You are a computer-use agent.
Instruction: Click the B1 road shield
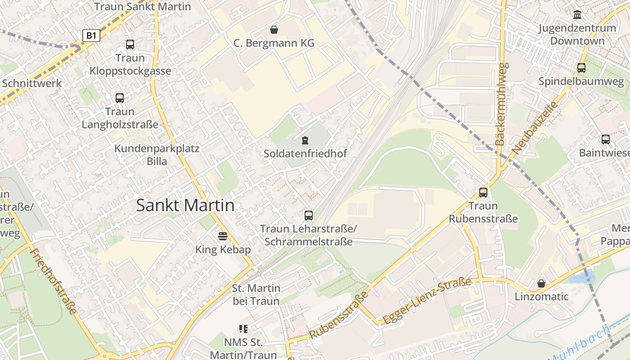tap(91, 36)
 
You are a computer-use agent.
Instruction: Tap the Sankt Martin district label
tap(185, 206)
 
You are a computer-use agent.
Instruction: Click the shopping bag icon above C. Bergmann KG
tap(274, 30)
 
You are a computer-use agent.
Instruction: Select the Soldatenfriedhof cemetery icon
tap(305, 140)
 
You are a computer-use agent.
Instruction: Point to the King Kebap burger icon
tap(223, 236)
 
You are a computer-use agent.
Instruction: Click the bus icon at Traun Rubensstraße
tap(483, 192)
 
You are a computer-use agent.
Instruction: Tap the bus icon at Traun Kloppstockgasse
tap(130, 44)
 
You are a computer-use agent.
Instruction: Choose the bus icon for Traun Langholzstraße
tap(120, 98)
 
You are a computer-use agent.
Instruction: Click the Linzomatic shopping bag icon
tap(541, 283)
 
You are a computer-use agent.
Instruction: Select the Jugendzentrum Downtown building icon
tap(577, 15)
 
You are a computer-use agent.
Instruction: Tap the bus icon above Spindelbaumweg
tap(581, 68)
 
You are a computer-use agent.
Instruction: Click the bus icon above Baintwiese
tap(606, 139)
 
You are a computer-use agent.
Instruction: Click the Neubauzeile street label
tap(535, 128)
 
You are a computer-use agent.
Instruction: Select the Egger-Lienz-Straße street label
tap(427, 301)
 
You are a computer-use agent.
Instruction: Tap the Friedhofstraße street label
tap(54, 281)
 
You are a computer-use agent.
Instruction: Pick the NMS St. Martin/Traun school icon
tap(243, 329)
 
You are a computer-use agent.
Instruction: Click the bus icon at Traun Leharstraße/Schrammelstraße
tap(308, 215)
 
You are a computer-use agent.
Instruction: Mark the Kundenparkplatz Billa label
tap(157, 155)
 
